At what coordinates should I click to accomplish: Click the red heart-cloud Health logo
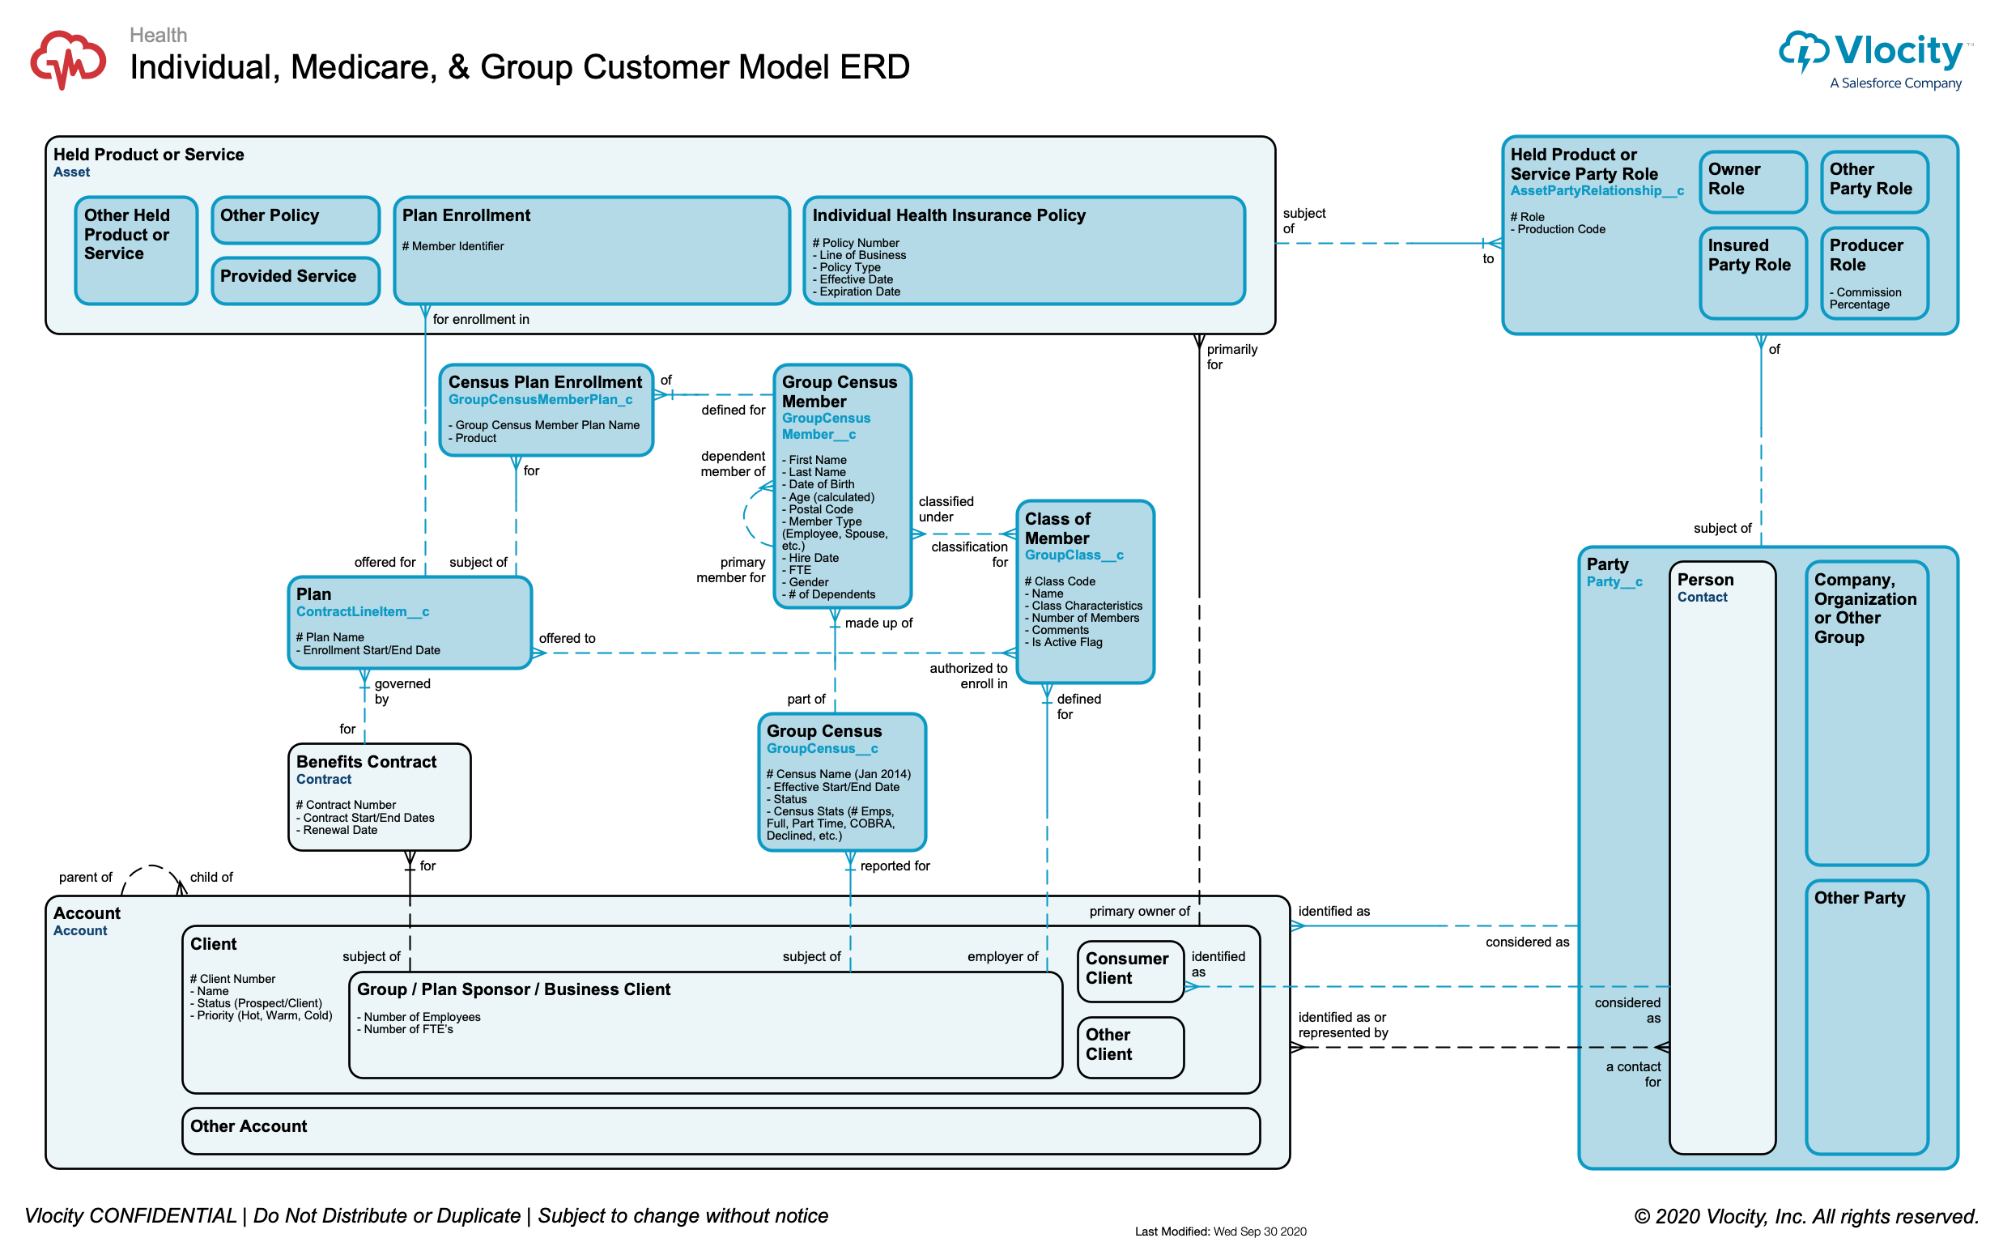68,60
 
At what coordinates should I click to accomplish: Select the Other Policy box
295,219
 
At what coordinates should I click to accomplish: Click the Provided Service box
295,280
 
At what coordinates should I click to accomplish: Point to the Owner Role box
1752,181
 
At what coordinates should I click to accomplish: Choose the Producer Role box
1873,271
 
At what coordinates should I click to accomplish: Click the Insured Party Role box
1752,271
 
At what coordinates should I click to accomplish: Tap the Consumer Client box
1129,970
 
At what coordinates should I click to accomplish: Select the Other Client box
1129,1046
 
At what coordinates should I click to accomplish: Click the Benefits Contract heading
366,761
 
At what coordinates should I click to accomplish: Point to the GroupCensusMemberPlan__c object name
540,399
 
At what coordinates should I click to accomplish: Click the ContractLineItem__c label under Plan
362,611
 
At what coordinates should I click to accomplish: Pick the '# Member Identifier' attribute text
453,246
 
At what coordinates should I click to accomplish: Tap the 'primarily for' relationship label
1231,356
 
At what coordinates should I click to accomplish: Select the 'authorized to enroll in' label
967,675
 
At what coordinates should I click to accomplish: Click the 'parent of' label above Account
85,877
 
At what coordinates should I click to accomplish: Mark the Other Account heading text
248,1125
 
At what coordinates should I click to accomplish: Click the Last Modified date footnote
1219,1231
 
